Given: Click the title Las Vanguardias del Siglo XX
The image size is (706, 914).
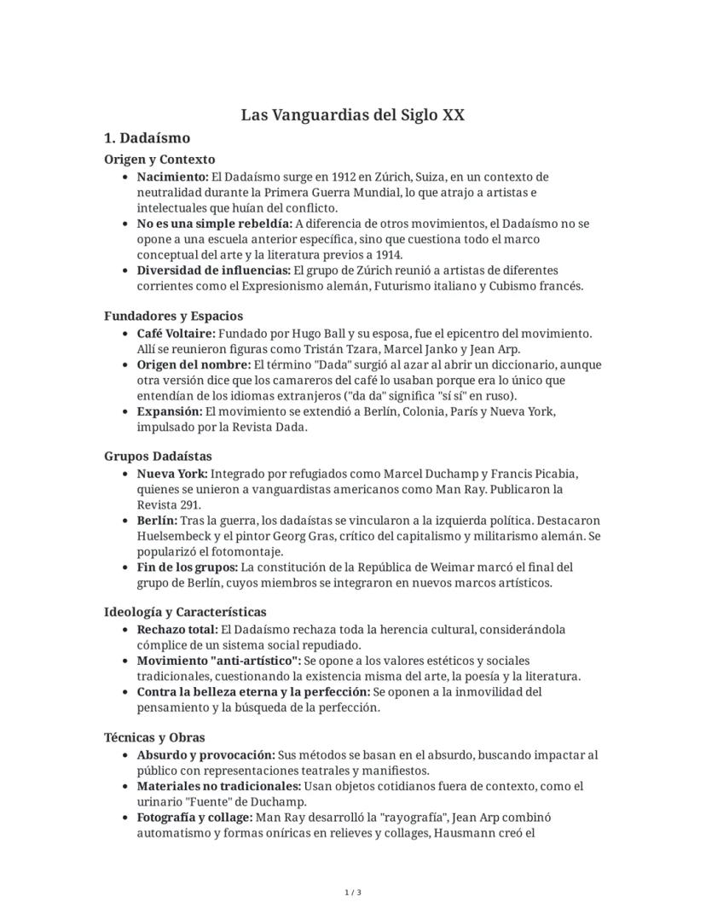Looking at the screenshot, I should tap(352, 115).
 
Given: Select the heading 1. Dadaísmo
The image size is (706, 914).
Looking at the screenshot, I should tap(147, 138).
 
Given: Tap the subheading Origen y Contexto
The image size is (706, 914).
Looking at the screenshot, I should tap(159, 160).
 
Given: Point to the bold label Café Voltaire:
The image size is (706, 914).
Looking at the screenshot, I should tap(176, 333).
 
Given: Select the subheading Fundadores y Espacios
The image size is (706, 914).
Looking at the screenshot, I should tap(173, 316).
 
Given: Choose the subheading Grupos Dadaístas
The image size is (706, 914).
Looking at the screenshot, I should tap(158, 457).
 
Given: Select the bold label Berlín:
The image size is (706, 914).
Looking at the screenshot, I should tap(157, 521).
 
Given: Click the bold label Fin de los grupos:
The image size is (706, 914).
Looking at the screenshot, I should tap(188, 568).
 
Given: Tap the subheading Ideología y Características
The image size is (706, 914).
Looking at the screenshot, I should tap(185, 612).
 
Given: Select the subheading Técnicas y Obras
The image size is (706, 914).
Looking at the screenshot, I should tap(154, 737).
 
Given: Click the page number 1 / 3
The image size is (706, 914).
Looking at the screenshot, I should tap(353, 893).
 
